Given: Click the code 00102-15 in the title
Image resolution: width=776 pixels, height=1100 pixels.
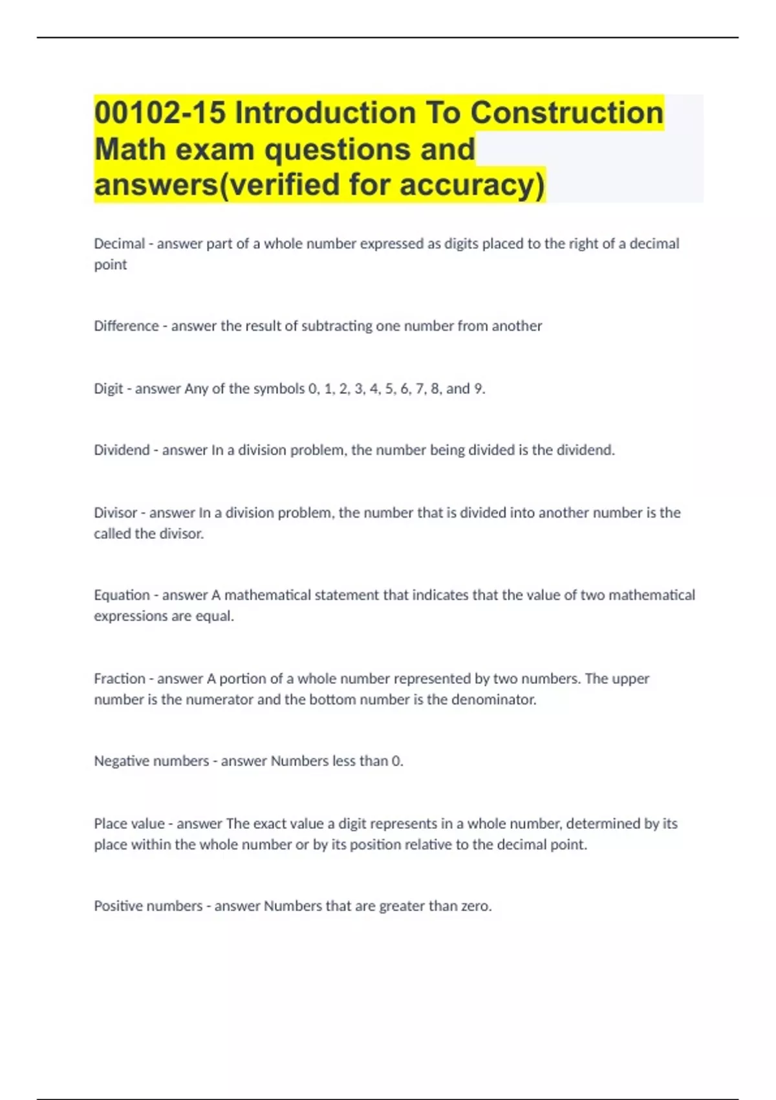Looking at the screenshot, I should pyautogui.click(x=160, y=113).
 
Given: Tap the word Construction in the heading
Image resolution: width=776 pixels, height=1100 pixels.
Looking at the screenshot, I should pyautogui.click(x=566, y=113).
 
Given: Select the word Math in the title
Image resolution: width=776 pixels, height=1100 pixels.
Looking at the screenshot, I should pyautogui.click(x=129, y=149).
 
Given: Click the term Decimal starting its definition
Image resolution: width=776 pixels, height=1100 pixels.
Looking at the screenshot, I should pyautogui.click(x=119, y=244).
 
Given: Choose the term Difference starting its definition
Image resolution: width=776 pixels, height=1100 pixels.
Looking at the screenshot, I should pyautogui.click(x=126, y=326).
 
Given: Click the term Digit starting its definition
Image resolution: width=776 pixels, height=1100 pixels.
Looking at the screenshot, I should pyautogui.click(x=108, y=389).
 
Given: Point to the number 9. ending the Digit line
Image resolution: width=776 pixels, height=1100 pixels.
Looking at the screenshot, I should pyautogui.click(x=479, y=389).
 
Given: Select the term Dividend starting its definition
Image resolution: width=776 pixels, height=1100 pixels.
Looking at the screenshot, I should pyautogui.click(x=122, y=450).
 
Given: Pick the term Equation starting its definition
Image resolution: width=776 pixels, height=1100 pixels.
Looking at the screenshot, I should pyautogui.click(x=122, y=595).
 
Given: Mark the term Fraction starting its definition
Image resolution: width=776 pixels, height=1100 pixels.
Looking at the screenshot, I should pyautogui.click(x=120, y=679).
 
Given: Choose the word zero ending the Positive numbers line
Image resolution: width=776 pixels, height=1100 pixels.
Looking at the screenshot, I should pyautogui.click(x=475, y=906).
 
